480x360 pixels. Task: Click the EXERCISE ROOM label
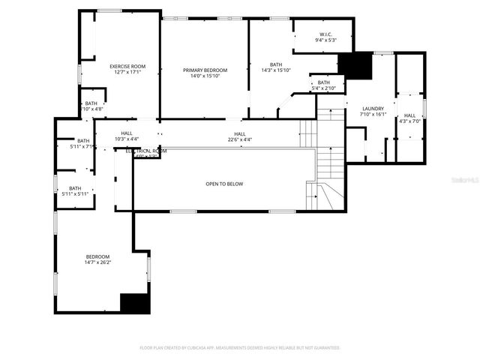tap(127, 66)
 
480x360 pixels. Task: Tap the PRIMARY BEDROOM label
tap(205, 70)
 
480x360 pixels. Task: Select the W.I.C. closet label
tap(325, 34)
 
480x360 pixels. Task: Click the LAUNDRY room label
tap(373, 109)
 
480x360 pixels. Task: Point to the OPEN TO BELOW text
tap(224, 184)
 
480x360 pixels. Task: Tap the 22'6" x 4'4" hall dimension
tap(239, 139)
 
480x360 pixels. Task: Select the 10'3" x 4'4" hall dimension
tap(127, 139)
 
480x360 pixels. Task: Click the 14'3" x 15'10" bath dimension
tap(275, 70)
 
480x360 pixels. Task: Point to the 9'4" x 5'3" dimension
tap(325, 40)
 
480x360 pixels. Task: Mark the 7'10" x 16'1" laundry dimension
tap(373, 115)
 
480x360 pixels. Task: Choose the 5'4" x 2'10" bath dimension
tap(323, 88)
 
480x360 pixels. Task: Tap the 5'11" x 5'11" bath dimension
tap(75, 193)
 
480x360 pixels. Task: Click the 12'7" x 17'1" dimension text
tap(127, 73)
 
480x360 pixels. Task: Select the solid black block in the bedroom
tap(135, 302)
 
